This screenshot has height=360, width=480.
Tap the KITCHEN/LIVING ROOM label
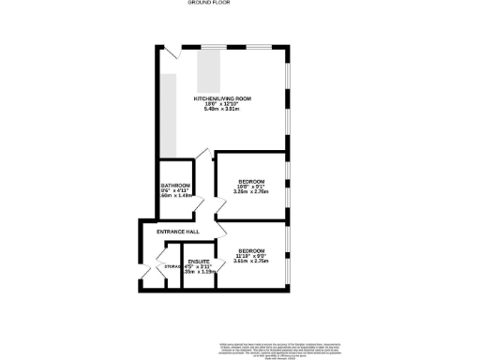coord(222,97)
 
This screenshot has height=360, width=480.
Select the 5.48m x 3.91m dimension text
coord(222,110)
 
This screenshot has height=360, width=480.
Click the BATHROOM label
coord(175,186)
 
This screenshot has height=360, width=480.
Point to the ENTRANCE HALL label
coord(178,231)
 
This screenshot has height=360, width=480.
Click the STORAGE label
coord(172,266)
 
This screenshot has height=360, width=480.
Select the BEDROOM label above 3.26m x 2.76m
coord(250,181)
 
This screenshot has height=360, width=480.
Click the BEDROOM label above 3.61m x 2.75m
coord(250,251)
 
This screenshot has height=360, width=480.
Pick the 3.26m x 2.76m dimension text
coord(250,192)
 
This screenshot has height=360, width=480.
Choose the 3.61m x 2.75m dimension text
coord(250,262)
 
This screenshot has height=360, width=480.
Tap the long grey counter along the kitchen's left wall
coord(167,112)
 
